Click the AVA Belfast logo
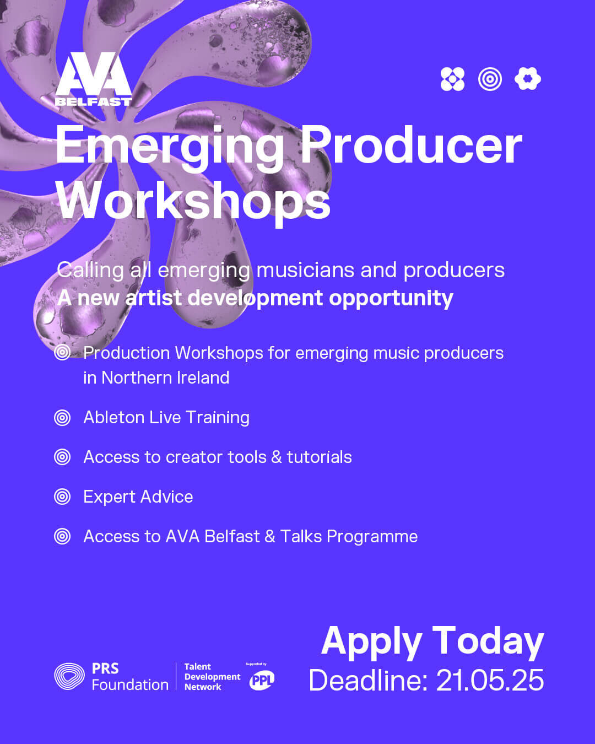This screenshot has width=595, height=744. coord(94,79)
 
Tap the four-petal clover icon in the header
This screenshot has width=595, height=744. coord(452,79)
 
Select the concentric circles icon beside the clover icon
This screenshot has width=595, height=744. coord(490,79)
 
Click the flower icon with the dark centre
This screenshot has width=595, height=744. coord(528,79)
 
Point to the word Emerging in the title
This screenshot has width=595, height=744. coord(169,148)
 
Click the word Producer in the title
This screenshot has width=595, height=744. coord(412,144)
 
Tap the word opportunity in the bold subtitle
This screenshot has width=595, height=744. coord(391,299)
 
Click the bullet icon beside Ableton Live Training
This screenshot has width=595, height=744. coord(62,418)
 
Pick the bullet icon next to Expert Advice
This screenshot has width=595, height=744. coord(62,497)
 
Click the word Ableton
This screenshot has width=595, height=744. coord(113,417)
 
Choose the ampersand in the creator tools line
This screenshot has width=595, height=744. coord(277,457)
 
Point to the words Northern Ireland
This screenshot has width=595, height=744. coord(165,378)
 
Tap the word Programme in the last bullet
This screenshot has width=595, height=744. coord(372,537)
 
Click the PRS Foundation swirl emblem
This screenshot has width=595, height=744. coord(69,676)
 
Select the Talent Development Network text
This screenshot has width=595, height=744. coord(212,677)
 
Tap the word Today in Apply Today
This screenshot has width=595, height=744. coord(488,641)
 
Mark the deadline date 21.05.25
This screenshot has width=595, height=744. coord(490,681)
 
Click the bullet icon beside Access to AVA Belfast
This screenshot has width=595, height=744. coord(62,537)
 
